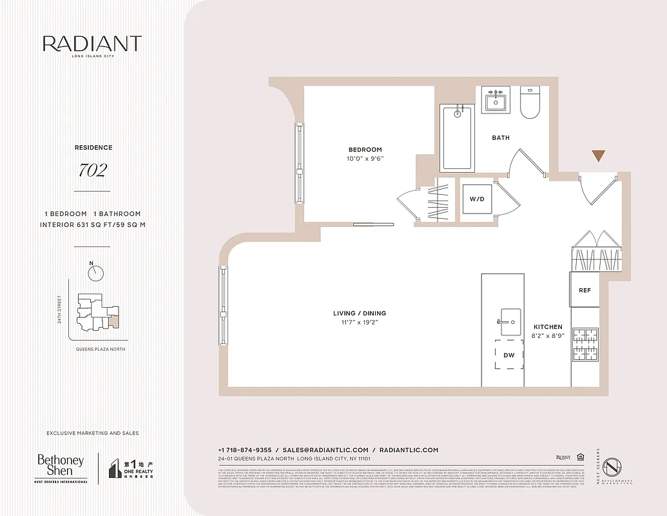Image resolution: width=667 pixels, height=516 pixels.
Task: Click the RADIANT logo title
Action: (92, 45)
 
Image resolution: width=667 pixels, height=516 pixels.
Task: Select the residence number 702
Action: (92, 170)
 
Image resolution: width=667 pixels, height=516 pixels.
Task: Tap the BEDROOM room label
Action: (365, 150)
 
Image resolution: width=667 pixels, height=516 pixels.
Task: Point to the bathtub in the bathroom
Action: (458, 138)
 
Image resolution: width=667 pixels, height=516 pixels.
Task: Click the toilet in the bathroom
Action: (530, 104)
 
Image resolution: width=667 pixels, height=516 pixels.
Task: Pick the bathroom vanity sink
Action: (496, 100)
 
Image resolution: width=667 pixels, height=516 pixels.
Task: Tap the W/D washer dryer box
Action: (477, 199)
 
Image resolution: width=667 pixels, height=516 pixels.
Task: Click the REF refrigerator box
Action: (585, 290)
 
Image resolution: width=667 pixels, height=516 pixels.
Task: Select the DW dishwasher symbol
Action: (509, 355)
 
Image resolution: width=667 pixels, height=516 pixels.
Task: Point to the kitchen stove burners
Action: (585, 344)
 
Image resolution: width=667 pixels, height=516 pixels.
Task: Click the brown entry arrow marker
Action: (599, 155)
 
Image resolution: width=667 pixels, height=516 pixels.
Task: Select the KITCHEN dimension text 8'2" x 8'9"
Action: (548, 336)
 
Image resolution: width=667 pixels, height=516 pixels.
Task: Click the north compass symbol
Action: (96, 273)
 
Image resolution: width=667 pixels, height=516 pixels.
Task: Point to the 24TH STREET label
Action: (59, 310)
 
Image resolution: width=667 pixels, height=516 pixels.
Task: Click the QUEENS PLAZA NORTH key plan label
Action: (96, 349)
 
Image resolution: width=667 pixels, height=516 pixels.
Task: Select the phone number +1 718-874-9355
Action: (246, 450)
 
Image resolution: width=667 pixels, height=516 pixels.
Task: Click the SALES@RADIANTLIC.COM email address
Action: (325, 450)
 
